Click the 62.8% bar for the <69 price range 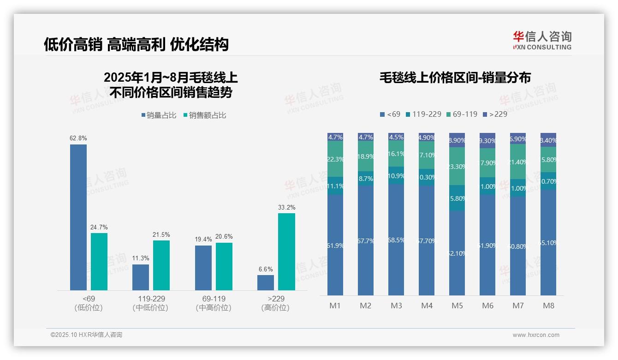[78, 217]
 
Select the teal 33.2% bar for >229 [286, 252]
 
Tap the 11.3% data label [140, 258]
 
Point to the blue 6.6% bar [266, 282]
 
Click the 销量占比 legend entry [159, 115]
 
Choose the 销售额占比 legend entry [205, 115]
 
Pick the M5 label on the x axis [457, 306]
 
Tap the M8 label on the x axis [548, 306]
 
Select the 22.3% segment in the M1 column [335, 159]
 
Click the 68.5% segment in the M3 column [396, 240]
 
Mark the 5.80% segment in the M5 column [457, 198]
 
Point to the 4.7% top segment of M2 [366, 137]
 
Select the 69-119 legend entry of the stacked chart [462, 114]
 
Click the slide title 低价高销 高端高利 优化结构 [136, 45]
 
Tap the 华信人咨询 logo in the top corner [542, 40]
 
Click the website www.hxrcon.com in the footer [536, 335]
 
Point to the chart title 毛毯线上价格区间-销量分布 [455, 78]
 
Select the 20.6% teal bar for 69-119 [224, 266]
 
